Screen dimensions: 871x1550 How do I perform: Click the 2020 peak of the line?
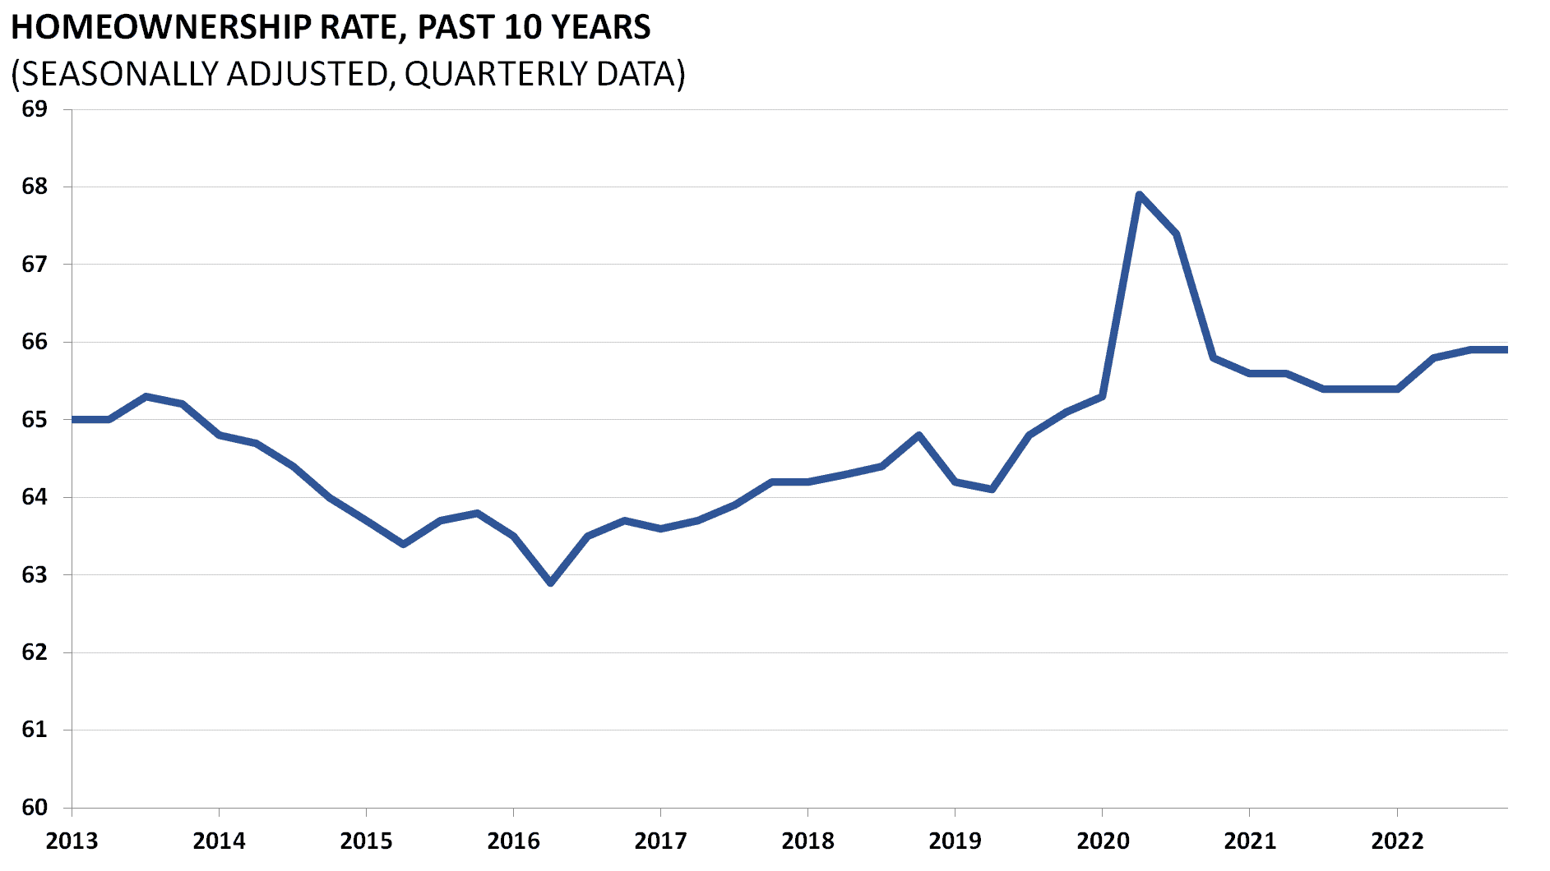point(1139,195)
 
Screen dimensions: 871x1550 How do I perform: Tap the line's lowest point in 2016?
point(550,583)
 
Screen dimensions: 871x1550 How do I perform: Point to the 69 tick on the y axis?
point(34,108)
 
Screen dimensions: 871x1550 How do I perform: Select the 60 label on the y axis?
point(34,807)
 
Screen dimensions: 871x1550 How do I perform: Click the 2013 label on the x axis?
point(72,841)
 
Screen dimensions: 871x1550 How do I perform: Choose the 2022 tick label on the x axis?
point(1396,841)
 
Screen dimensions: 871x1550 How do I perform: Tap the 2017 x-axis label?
point(660,841)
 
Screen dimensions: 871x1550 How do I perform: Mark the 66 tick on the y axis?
point(34,342)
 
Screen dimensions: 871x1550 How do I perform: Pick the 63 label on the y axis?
point(34,574)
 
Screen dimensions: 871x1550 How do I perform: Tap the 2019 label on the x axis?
point(955,841)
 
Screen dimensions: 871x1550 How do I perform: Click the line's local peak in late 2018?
point(918,435)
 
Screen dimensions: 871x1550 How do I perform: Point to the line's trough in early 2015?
point(403,544)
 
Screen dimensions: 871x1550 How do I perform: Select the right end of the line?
point(1506,349)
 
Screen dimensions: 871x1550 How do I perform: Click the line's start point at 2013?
point(73,419)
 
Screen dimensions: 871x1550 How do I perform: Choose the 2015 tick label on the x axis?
point(366,841)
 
